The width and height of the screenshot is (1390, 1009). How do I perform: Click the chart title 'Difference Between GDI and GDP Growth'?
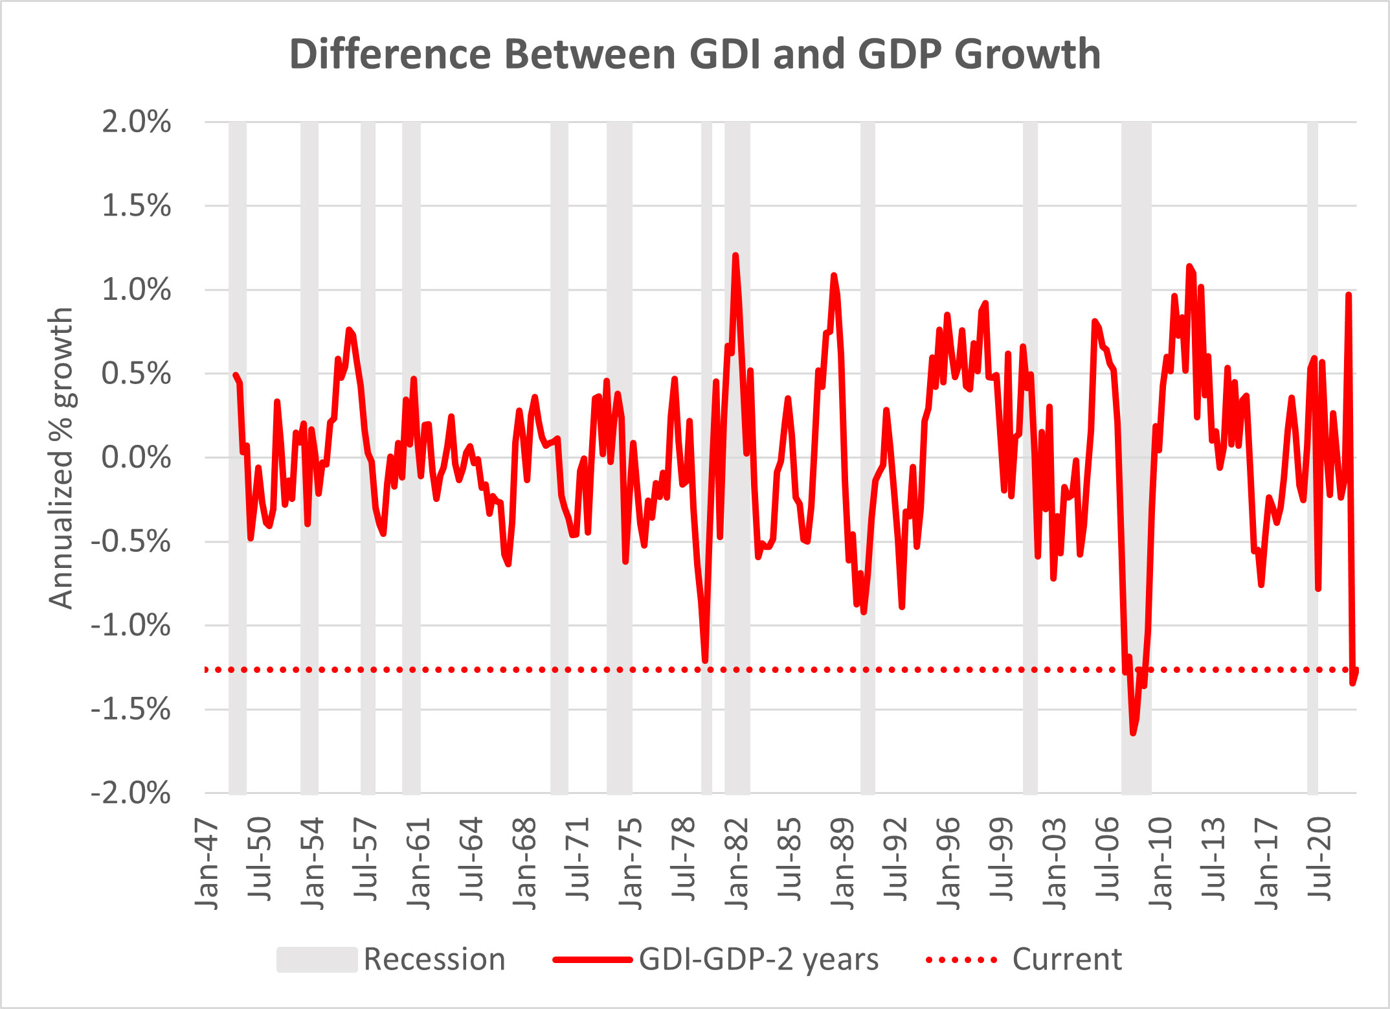pyautogui.click(x=695, y=54)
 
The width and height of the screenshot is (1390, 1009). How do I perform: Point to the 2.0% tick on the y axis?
pyautogui.click(x=137, y=122)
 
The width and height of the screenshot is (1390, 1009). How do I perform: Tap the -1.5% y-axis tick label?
pyautogui.click(x=131, y=710)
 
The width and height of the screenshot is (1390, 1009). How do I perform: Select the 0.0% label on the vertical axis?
pyautogui.click(x=137, y=458)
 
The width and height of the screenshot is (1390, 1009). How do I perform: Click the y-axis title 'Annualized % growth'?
pyautogui.click(x=62, y=458)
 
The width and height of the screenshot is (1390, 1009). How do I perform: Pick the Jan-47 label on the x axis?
pyautogui.click(x=207, y=864)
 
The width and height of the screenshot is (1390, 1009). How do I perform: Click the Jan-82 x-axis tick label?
pyautogui.click(x=737, y=864)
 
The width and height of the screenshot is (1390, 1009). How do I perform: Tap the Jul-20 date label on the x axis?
pyautogui.click(x=1319, y=859)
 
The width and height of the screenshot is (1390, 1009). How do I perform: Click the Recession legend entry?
pyautogui.click(x=434, y=959)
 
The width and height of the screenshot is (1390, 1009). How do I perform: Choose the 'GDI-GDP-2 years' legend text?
pyautogui.click(x=759, y=959)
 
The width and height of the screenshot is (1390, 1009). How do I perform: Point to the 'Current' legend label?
pyautogui.click(x=1067, y=959)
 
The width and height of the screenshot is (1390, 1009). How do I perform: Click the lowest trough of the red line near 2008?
pyautogui.click(x=1133, y=733)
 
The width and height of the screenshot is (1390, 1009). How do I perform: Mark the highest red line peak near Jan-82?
pyautogui.click(x=735, y=255)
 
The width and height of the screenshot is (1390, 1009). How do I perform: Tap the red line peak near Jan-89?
pyautogui.click(x=834, y=275)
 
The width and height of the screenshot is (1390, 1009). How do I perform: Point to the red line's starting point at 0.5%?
pyautogui.click(x=235, y=374)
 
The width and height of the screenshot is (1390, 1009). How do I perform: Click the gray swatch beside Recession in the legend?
pyautogui.click(x=317, y=959)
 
